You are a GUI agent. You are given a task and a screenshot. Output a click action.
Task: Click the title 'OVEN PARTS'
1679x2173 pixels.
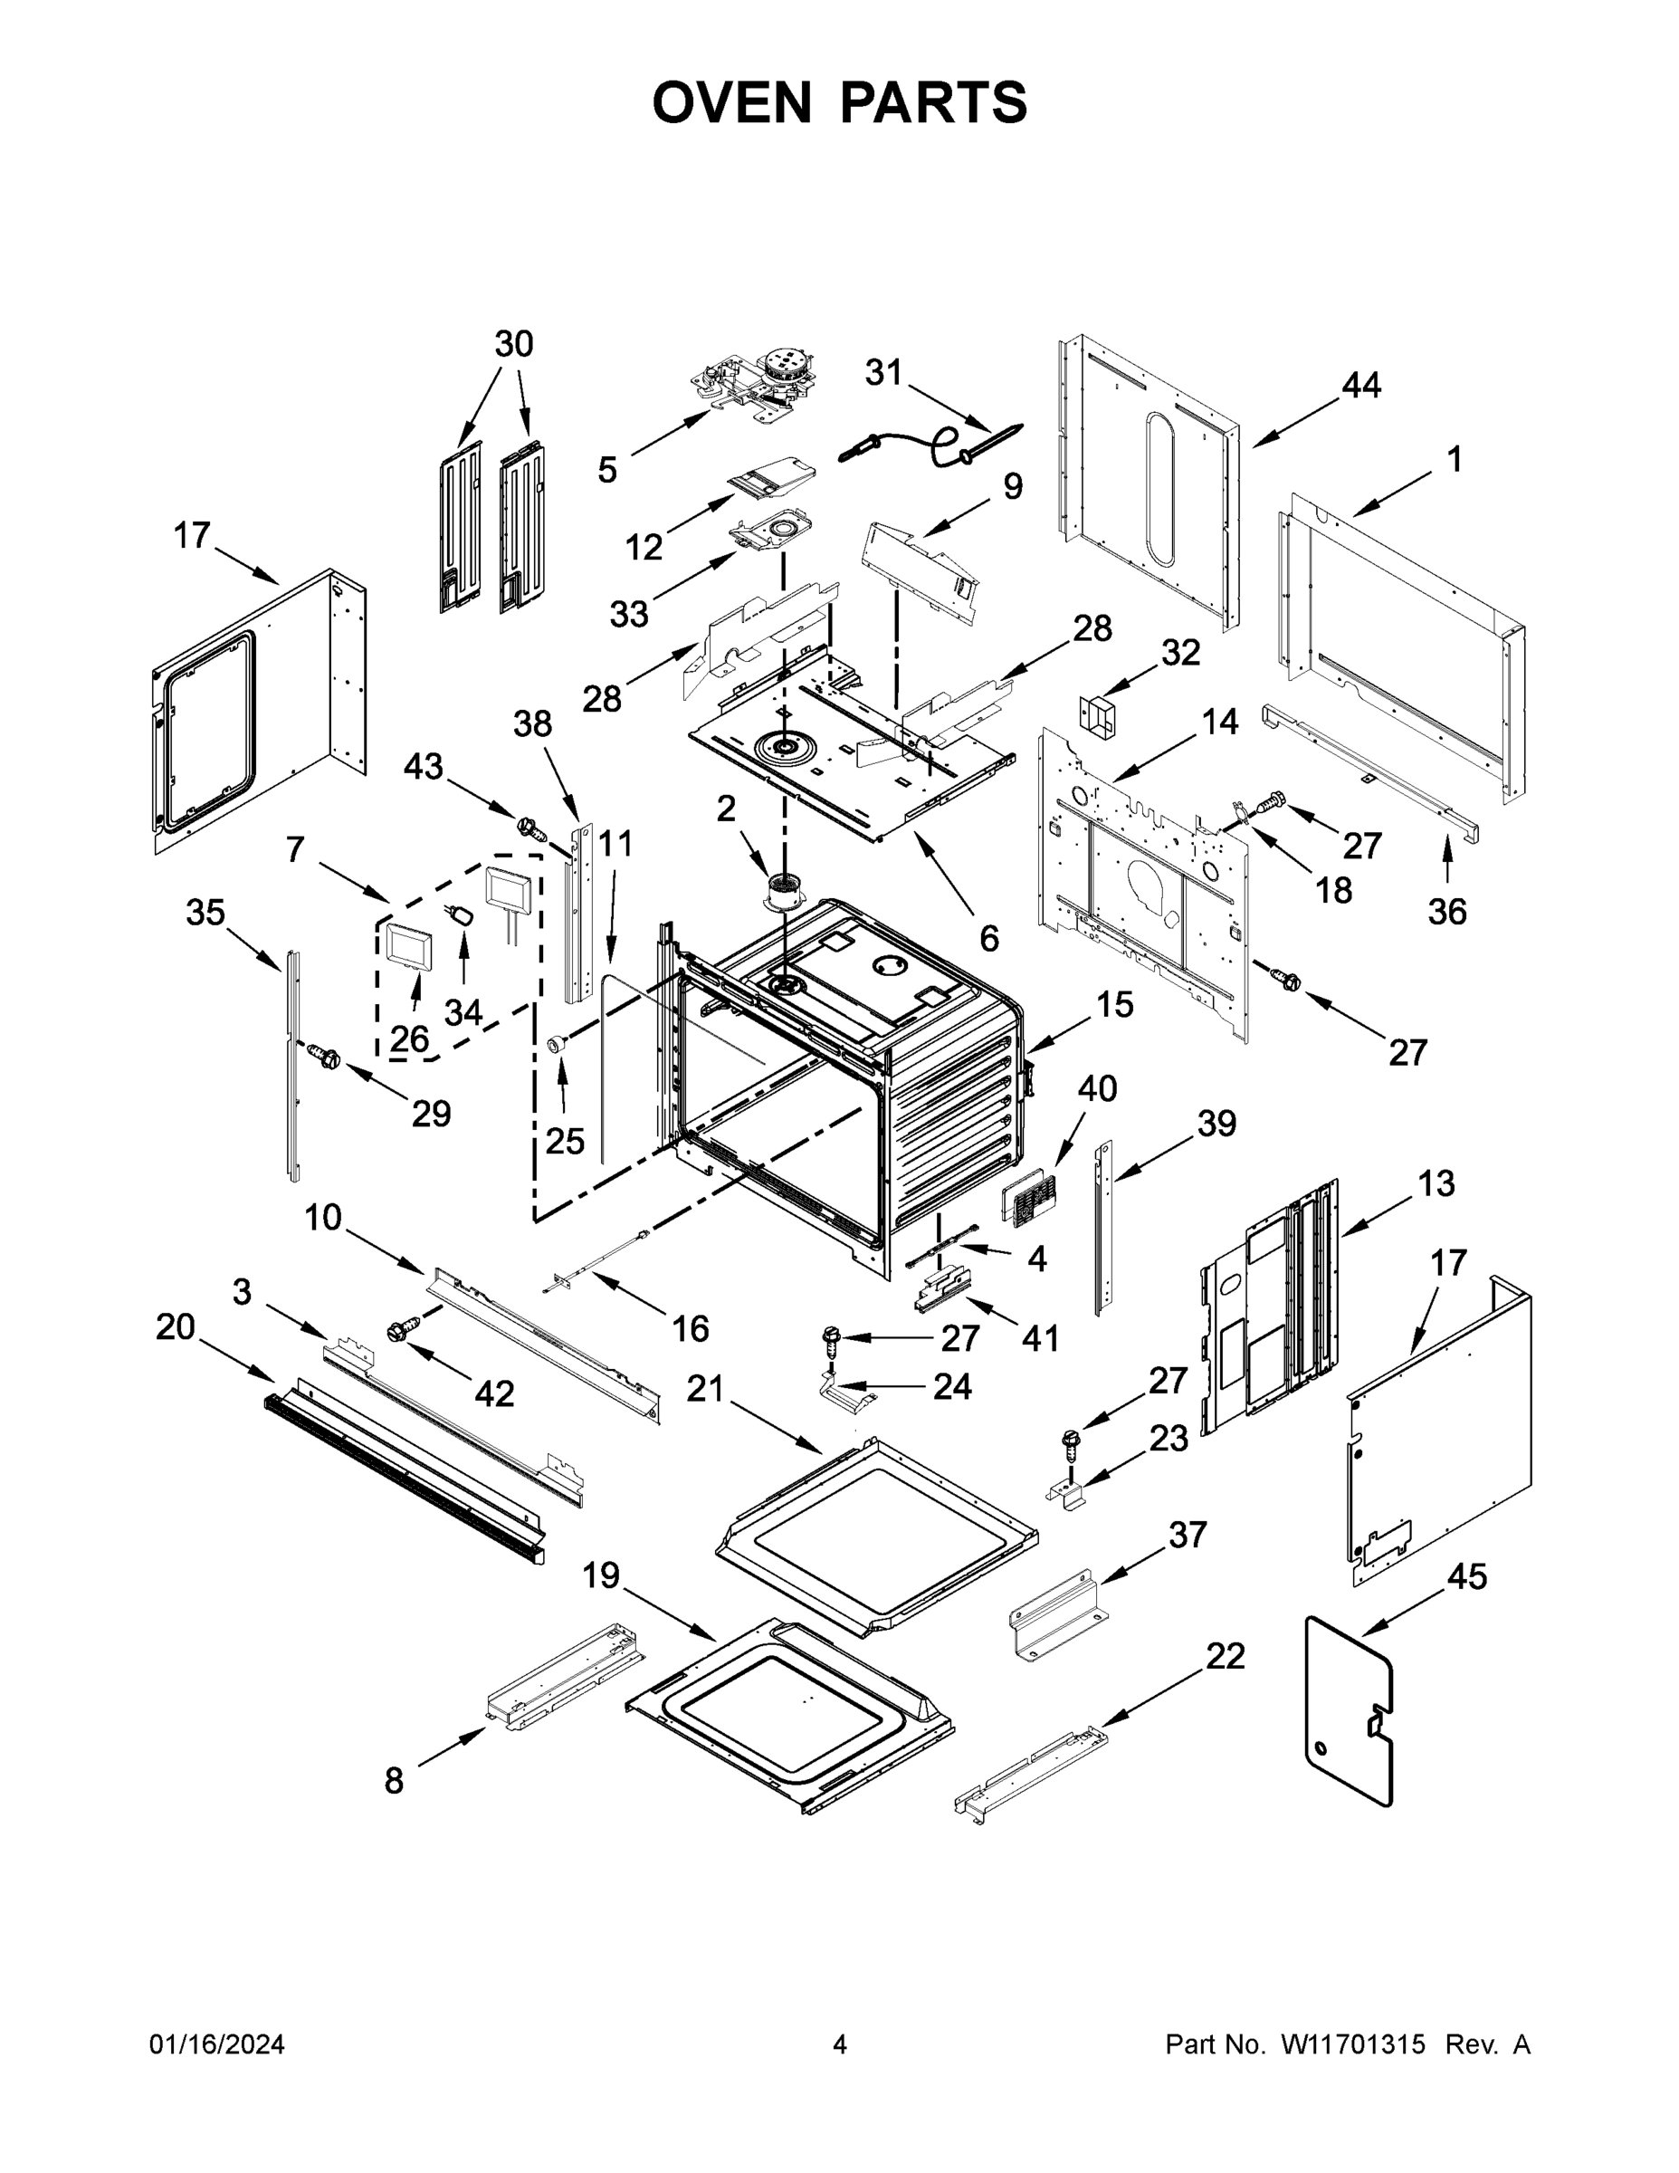(840, 102)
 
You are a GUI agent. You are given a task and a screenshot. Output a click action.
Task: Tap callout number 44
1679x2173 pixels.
(1360, 386)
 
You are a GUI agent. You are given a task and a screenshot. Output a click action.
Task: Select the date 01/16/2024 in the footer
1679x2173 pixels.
(217, 2044)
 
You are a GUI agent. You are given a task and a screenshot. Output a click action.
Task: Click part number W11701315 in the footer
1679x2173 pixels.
(1353, 2044)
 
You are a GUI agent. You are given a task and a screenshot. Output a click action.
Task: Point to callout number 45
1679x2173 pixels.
(1467, 1576)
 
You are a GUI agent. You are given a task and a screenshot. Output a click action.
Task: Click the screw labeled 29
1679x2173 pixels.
(324, 1053)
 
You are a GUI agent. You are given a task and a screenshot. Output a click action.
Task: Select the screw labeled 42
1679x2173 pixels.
(404, 1328)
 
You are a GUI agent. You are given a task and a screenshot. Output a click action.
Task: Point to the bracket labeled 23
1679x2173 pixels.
(1067, 1492)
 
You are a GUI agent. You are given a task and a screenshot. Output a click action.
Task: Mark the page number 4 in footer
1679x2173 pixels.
(840, 2044)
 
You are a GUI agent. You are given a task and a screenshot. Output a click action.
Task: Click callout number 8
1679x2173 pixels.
(394, 1780)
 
